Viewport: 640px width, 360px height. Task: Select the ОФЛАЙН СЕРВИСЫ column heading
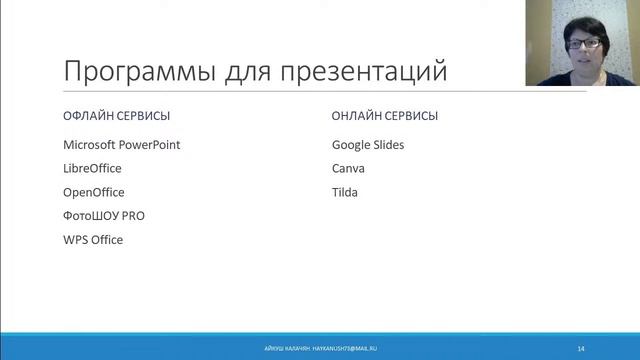tap(116, 116)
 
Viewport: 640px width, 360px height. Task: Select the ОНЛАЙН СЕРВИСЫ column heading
tap(384, 116)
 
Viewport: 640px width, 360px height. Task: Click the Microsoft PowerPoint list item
tap(121, 144)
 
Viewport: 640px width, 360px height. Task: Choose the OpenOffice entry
tap(94, 192)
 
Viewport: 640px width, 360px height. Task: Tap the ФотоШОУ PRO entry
tap(104, 216)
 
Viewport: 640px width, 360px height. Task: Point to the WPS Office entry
tap(93, 240)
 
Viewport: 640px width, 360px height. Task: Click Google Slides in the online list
tap(368, 144)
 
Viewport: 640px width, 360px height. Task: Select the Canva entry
tap(349, 168)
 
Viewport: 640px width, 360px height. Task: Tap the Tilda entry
tap(345, 192)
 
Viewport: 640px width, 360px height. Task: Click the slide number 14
tap(581, 347)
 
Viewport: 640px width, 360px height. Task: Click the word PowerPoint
tap(150, 144)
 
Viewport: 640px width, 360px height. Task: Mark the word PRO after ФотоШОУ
tap(133, 216)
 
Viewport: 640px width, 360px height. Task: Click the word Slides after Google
tap(386, 144)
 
